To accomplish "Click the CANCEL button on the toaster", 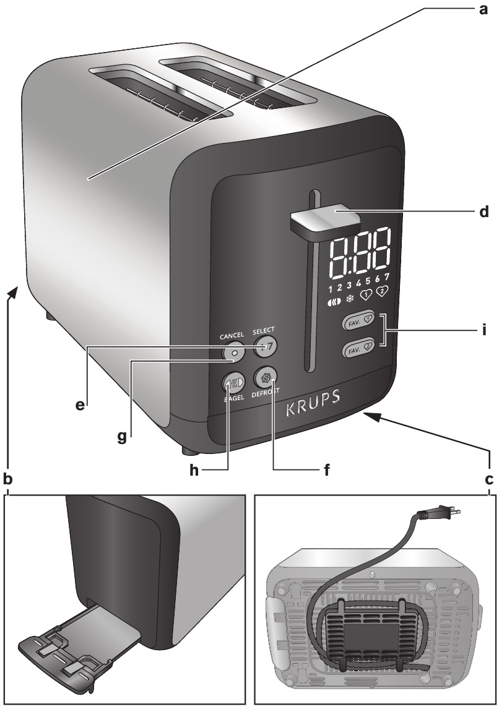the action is click(x=233, y=354).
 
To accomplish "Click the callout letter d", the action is click(x=484, y=212).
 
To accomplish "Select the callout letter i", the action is click(x=484, y=330).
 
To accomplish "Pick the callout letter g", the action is click(x=122, y=437).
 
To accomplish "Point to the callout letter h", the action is click(x=194, y=470).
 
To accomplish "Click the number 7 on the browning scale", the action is click(x=387, y=275).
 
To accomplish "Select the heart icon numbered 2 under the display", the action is click(x=383, y=291).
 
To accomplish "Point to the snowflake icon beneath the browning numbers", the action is click(x=349, y=298).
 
